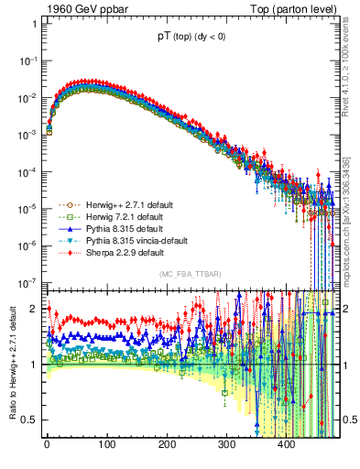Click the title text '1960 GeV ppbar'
[78, 8]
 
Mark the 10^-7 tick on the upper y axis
[27, 281]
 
